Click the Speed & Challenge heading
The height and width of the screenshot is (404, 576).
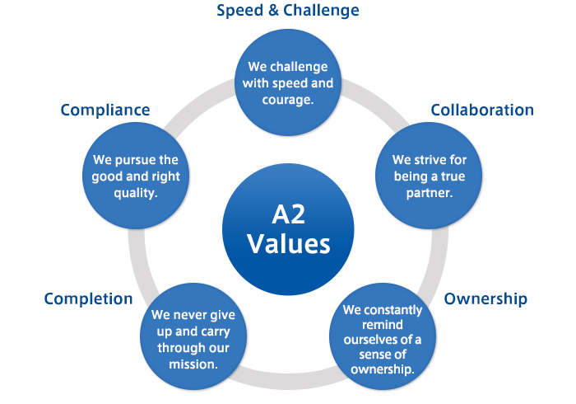[288, 10]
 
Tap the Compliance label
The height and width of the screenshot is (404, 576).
[105, 110]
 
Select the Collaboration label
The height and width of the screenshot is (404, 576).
[482, 110]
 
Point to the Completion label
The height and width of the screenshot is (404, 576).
[88, 298]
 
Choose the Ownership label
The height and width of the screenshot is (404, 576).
[485, 298]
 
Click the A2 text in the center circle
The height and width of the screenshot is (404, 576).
[288, 214]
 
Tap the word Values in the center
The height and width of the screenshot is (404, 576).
[288, 243]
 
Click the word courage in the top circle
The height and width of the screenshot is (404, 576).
[286, 100]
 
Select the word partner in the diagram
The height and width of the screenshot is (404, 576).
[427, 193]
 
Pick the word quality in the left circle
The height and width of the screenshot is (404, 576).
[133, 193]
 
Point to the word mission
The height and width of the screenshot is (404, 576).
[192, 364]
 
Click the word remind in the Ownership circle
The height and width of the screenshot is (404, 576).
[383, 325]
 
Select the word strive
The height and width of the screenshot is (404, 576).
[430, 160]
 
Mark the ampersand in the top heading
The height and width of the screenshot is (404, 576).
[273, 10]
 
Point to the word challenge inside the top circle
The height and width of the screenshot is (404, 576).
[298, 67]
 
